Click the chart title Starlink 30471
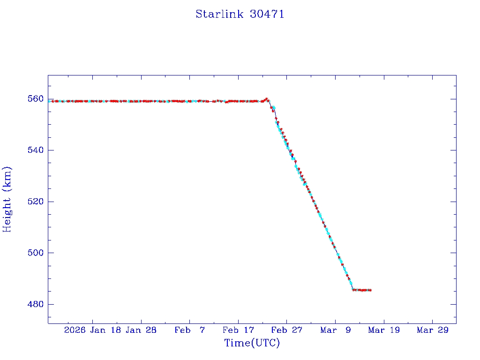tap(240, 14)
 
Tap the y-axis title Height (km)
tap(7, 199)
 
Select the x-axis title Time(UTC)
tap(252, 343)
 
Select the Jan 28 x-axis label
tap(141, 330)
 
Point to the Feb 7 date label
tap(189, 330)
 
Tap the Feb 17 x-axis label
tap(238, 330)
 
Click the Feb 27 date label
tap(286, 330)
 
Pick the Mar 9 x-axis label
tap(335, 330)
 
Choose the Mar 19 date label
tap(383, 330)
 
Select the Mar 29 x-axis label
tap(432, 330)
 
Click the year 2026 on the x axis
tap(75, 330)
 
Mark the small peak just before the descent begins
tap(267, 99)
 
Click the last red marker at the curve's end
tap(370, 290)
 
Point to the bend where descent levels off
tap(353, 290)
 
